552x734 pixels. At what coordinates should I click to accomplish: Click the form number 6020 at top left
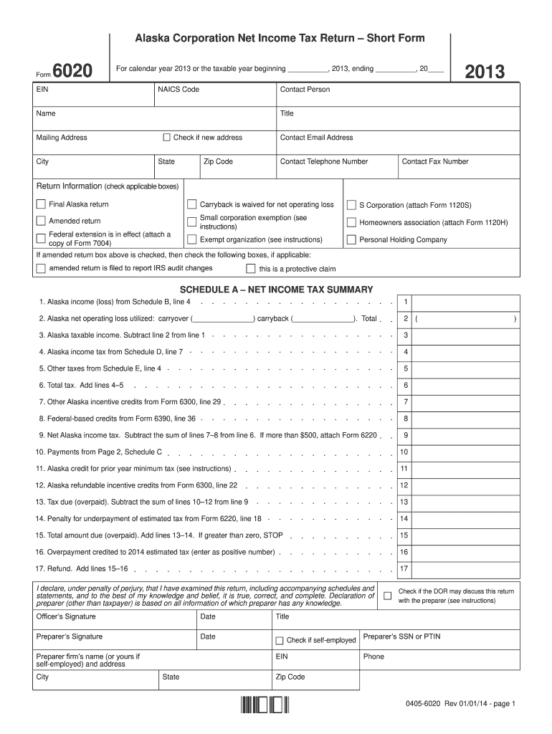(x=72, y=72)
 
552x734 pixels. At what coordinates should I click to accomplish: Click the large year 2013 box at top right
(x=485, y=72)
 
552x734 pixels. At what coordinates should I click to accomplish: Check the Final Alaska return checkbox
(x=41, y=204)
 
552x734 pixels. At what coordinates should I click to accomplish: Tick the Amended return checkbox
(x=41, y=221)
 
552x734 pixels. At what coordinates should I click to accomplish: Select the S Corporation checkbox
(x=351, y=204)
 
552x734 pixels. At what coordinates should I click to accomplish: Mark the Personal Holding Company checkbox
(x=351, y=240)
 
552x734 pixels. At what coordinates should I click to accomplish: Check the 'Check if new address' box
(x=167, y=138)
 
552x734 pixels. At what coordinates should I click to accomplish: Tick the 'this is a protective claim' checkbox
(x=250, y=269)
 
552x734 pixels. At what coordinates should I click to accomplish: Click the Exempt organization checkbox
(x=191, y=239)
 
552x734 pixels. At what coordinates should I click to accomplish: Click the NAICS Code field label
(x=179, y=90)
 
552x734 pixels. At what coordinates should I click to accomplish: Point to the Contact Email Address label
(x=316, y=138)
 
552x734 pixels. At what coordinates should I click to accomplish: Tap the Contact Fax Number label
(x=435, y=162)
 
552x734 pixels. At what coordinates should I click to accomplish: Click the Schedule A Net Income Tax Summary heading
(x=276, y=289)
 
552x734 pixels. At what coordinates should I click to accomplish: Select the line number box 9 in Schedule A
(x=406, y=435)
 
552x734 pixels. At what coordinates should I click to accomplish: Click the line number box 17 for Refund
(x=404, y=568)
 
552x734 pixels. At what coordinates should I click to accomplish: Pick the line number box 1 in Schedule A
(x=406, y=302)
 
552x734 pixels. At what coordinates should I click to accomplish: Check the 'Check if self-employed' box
(x=280, y=640)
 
